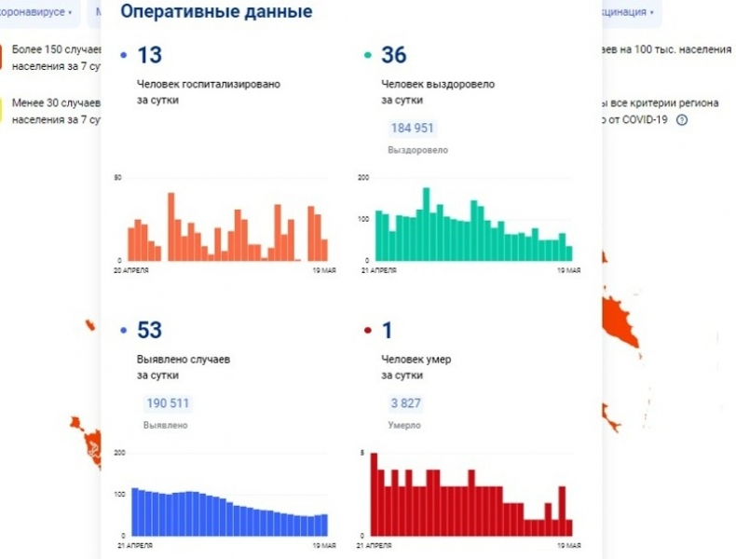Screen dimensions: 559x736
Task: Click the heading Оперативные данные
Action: click(x=217, y=12)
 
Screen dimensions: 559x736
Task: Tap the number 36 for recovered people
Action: click(x=393, y=56)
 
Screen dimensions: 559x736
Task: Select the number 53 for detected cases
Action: click(x=149, y=330)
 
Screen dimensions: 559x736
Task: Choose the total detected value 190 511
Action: click(x=168, y=403)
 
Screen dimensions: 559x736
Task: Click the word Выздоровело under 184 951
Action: click(x=417, y=149)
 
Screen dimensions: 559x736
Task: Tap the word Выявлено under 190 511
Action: click(x=165, y=425)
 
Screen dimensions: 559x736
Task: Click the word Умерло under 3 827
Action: click(x=402, y=425)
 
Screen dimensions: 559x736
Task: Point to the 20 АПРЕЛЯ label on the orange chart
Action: click(x=131, y=270)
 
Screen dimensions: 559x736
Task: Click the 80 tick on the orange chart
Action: click(x=118, y=178)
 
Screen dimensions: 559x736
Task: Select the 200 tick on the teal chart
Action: click(x=363, y=178)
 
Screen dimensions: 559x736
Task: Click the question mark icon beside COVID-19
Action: click(x=682, y=120)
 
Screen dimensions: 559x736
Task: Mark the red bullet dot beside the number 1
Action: click(x=367, y=331)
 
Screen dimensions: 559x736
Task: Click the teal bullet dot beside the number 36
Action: click(x=367, y=57)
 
